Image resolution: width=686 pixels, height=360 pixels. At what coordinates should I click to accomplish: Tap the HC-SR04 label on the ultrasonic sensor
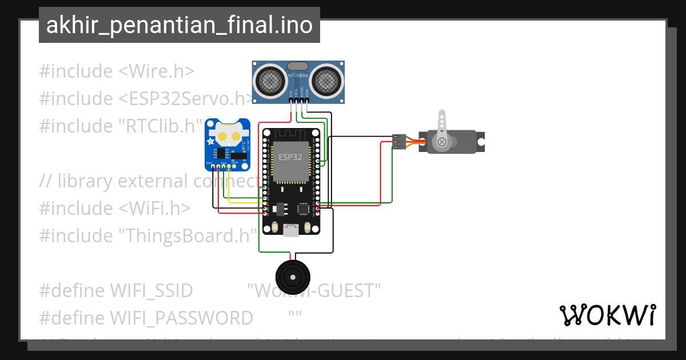point(298,75)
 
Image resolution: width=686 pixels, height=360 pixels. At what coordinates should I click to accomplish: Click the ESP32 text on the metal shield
point(290,156)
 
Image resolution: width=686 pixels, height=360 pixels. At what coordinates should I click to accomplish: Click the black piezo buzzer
point(292,277)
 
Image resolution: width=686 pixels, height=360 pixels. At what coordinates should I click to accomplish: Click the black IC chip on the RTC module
point(221,153)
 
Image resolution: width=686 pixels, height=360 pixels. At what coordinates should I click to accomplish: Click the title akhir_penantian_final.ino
point(179,26)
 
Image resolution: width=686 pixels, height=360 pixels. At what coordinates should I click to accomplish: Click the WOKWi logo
point(607,315)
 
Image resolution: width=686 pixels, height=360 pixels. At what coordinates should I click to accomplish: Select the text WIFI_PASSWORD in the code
point(181,318)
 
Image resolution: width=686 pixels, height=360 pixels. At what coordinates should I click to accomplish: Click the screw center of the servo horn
point(441,142)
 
